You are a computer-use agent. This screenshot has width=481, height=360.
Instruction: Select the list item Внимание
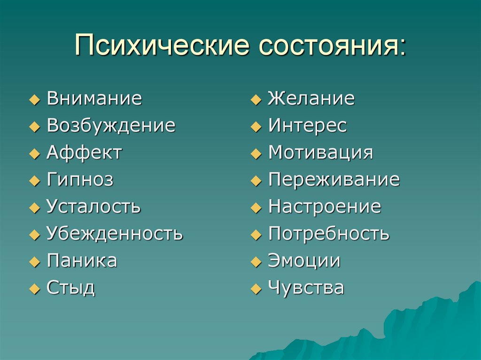(94, 99)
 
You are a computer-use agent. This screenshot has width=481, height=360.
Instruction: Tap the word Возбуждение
(111, 126)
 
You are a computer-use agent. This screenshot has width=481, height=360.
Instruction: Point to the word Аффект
(84, 153)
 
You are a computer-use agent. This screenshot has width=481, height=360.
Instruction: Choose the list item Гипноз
(80, 180)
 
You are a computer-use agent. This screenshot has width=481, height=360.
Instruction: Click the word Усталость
(93, 207)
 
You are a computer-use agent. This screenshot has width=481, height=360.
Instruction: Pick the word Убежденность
(115, 233)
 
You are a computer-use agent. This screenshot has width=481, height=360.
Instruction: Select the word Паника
(82, 260)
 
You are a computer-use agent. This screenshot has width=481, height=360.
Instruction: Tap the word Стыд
(71, 288)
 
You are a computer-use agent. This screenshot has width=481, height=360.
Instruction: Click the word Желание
(311, 99)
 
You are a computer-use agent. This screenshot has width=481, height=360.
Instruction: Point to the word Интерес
(307, 126)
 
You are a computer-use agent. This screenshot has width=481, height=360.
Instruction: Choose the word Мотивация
(320, 153)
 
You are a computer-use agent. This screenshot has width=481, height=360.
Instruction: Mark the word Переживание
(334, 180)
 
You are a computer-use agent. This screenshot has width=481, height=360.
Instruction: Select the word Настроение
(324, 207)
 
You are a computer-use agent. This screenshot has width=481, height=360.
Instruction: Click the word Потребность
(328, 233)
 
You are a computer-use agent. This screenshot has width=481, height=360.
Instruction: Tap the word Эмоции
(304, 260)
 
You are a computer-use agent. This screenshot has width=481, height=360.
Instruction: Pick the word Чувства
(306, 288)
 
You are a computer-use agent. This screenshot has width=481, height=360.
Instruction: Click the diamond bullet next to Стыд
(34, 289)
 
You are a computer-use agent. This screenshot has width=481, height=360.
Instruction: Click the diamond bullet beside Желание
(255, 100)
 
